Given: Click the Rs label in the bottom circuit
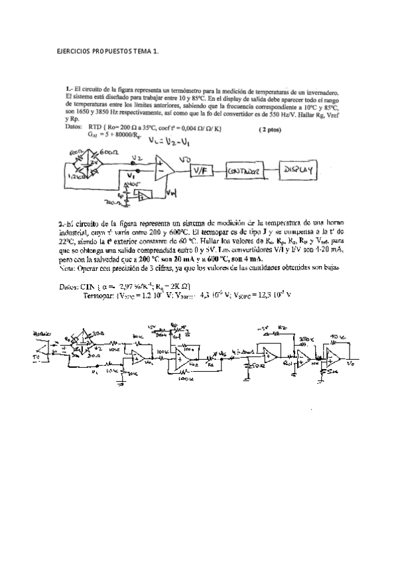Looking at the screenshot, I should tap(210, 364).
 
